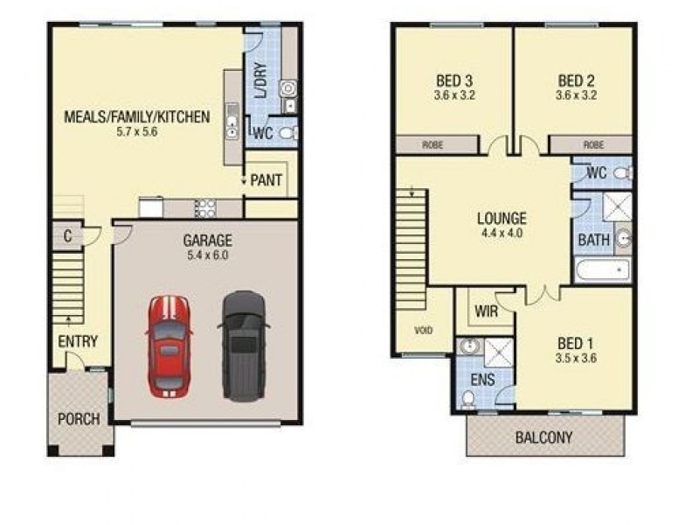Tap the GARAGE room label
point(207,240)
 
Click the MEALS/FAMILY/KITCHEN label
point(137,116)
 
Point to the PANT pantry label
point(266,181)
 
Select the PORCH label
point(79,418)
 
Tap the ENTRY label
point(78,342)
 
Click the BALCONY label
point(545,437)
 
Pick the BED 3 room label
point(453,81)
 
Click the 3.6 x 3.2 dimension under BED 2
point(577,96)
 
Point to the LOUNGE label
point(501,219)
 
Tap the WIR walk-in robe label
point(486,311)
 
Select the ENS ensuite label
point(482,381)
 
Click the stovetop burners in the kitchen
point(204,208)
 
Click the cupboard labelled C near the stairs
point(66,234)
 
